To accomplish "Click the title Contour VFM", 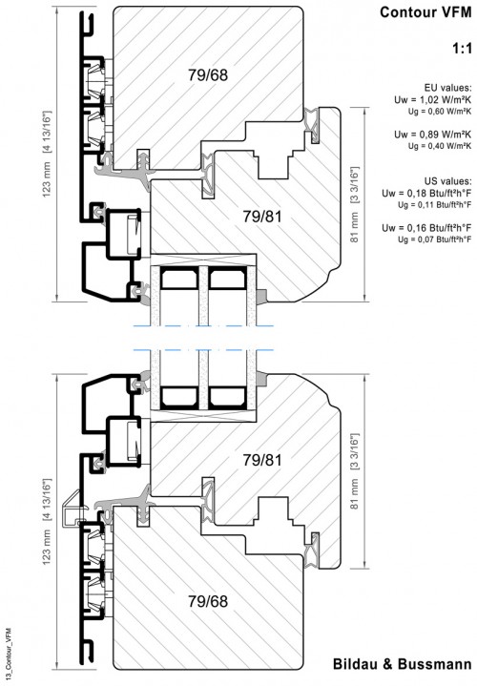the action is tap(425, 12).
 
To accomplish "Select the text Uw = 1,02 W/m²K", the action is tap(432, 100).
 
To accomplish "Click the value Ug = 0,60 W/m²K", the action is tap(440, 112).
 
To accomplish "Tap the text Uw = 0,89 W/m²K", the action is tap(432, 135).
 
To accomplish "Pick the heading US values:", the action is tap(447, 180).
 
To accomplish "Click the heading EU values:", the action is tap(447, 88).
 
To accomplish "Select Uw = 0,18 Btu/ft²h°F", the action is tap(426, 193).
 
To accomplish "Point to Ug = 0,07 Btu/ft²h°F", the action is tap(435, 239).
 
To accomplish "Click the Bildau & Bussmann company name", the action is tap(403, 664).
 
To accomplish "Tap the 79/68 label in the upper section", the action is tap(208, 74).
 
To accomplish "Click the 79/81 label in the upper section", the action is tap(263, 217).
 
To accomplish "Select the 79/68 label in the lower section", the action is tap(208, 601).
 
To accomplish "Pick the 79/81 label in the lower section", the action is tap(263, 460).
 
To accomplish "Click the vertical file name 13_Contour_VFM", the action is tap(9, 654).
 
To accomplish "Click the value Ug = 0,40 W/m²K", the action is tap(440, 146).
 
